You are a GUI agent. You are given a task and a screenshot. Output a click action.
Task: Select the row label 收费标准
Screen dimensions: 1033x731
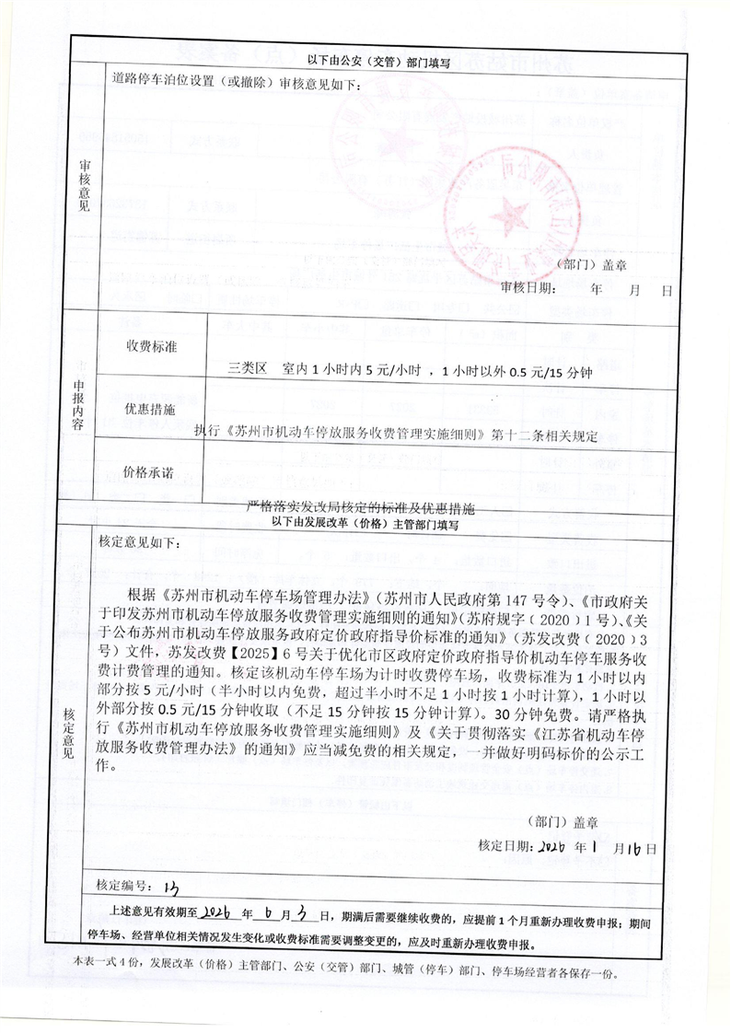[151, 347]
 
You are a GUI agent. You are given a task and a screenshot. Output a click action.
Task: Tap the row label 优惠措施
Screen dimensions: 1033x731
[149, 411]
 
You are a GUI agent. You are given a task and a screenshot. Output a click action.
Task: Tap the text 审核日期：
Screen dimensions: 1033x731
[528, 288]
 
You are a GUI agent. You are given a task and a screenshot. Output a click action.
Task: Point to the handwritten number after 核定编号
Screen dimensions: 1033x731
[169, 887]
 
